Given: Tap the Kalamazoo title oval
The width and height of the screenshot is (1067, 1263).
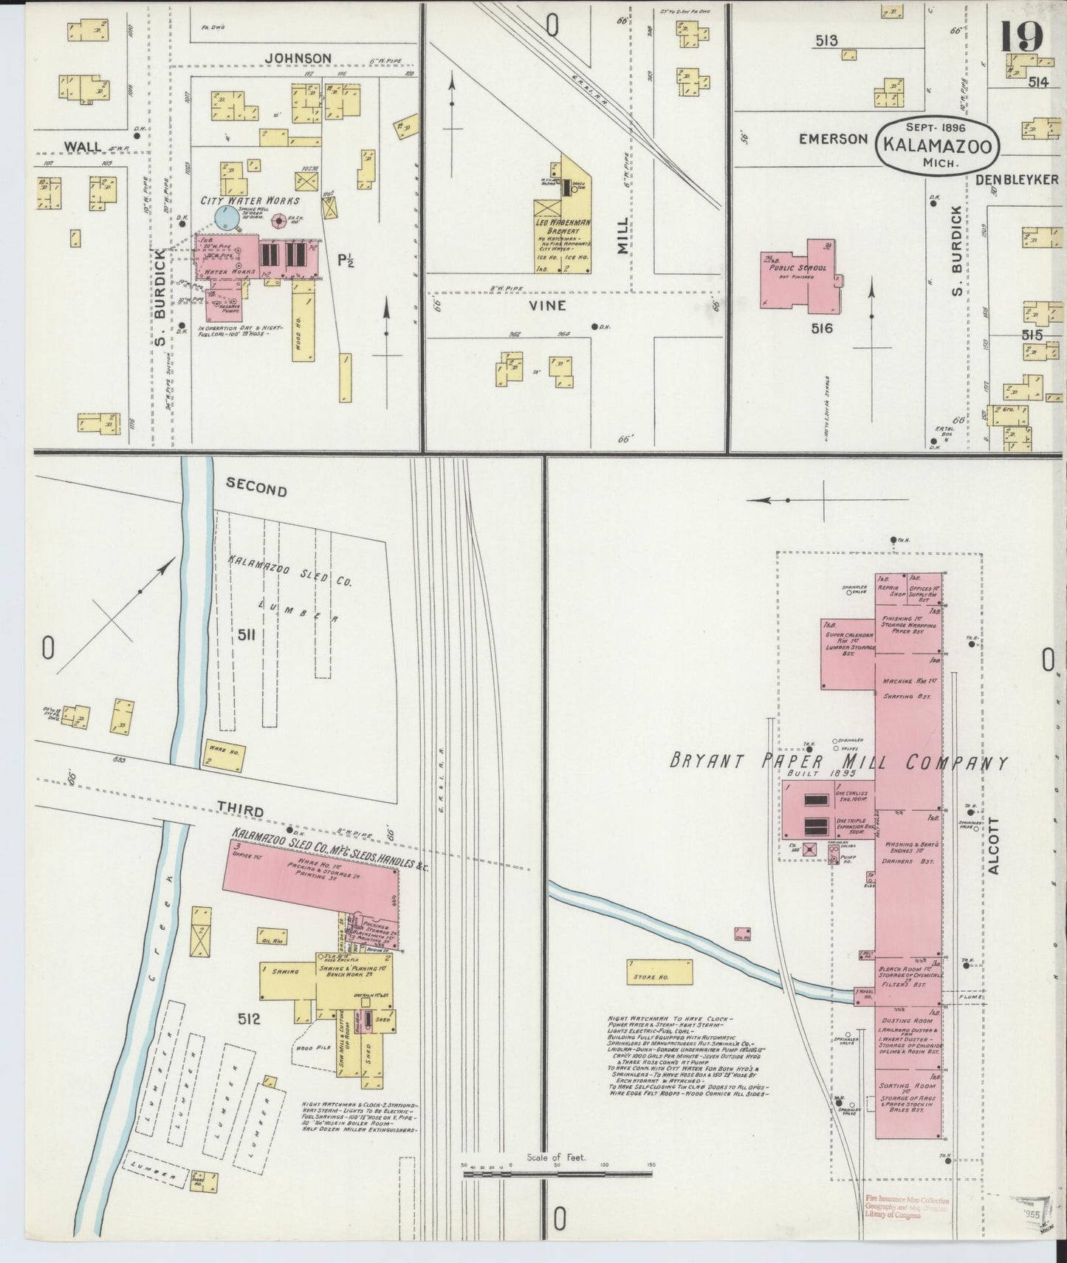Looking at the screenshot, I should point(937,145).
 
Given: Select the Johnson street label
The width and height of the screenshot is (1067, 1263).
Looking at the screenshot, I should point(298,58).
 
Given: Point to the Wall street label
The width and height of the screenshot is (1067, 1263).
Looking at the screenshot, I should point(83,146).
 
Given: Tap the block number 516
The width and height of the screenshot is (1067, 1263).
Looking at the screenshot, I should point(821,327).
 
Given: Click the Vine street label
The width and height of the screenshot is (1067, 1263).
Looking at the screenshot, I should point(547,305).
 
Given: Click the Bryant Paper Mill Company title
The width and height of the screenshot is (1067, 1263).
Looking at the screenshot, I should point(837,763).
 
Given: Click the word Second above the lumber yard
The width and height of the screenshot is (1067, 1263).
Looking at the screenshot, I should point(256,489).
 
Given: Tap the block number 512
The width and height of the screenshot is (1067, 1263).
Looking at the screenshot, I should point(249,1020).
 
